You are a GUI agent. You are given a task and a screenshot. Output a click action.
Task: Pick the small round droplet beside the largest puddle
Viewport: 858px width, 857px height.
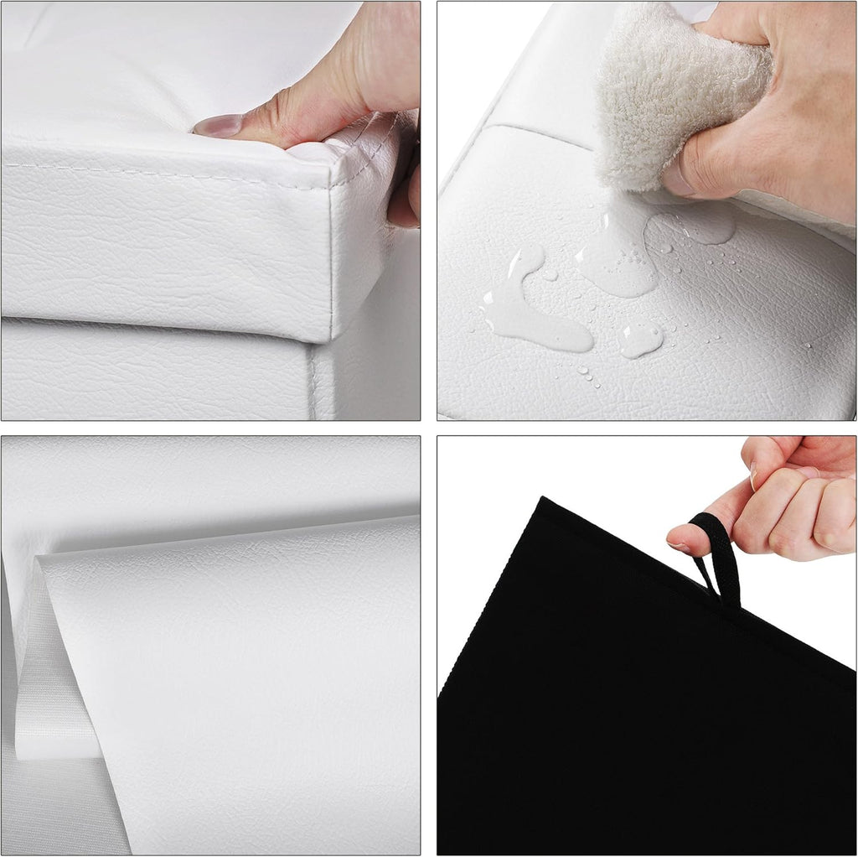(x=640, y=338)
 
